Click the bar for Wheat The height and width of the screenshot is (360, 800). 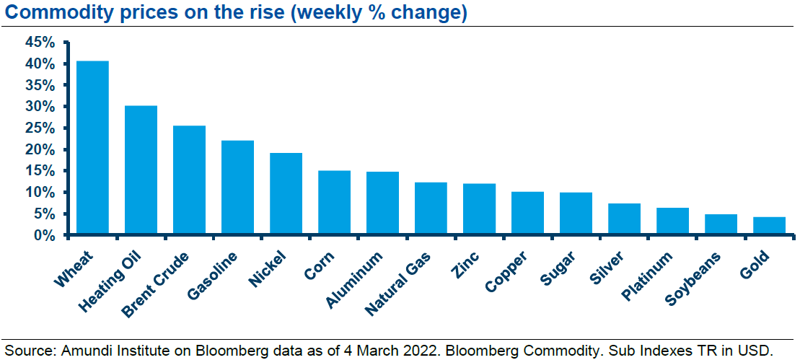coord(92,148)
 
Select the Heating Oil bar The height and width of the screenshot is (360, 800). coord(141,170)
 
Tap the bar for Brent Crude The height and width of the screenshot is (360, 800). coord(189,180)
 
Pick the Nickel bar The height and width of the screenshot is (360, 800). coord(286,194)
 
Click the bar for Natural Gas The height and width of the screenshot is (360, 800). coord(431,208)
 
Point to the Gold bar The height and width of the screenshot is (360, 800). coord(769,226)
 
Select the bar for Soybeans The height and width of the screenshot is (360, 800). coord(721,224)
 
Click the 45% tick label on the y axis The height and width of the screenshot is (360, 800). coord(40,43)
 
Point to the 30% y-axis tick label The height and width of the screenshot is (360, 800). coord(40,107)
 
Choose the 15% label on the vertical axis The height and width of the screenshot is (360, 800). coord(40,171)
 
